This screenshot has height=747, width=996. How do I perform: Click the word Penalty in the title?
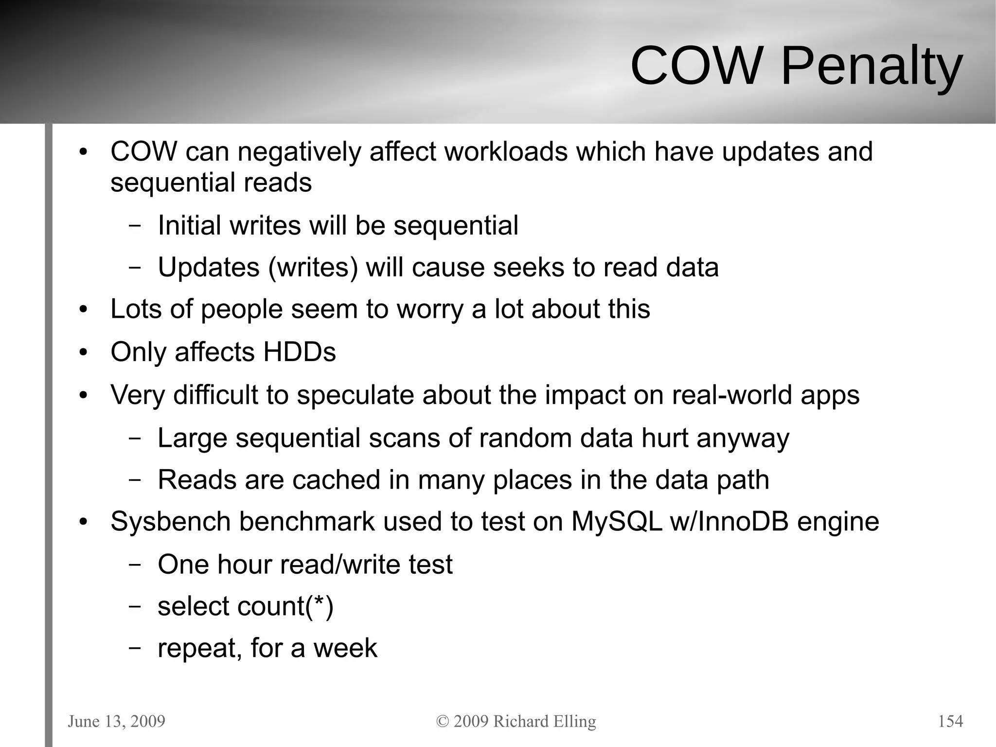coord(871,66)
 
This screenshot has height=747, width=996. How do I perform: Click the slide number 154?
coord(950,721)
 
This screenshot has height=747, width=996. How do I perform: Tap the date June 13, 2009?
coord(116,721)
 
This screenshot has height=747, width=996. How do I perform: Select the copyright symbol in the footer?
coord(442,721)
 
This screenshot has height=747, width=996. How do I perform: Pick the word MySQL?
coord(617,522)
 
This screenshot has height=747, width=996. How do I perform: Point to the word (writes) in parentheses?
coord(313,267)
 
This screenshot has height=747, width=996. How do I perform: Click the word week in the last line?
coord(345,648)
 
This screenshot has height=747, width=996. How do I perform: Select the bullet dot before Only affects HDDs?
coord(83,352)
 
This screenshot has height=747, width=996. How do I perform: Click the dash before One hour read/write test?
coord(135,565)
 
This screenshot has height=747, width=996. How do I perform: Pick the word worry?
coord(430,310)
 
